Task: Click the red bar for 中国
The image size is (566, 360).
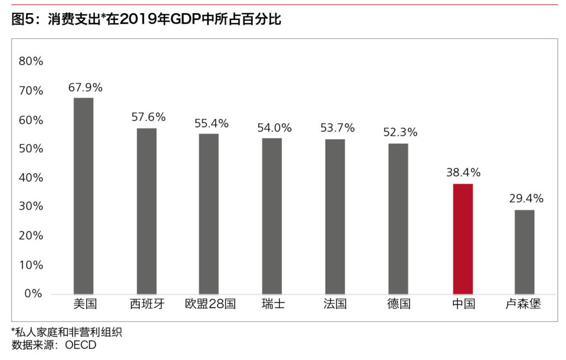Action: click(x=463, y=239)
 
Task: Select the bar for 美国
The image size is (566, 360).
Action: click(x=83, y=196)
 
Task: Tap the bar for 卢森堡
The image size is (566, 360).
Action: click(x=525, y=252)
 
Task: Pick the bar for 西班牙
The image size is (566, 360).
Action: click(x=146, y=211)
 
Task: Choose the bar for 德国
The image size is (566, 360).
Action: click(x=399, y=218)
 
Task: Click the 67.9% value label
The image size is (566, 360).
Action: click(x=85, y=87)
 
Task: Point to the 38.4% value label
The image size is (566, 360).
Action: click(x=463, y=173)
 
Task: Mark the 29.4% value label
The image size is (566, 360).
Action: click(x=526, y=199)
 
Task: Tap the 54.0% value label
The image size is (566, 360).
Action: click(x=274, y=128)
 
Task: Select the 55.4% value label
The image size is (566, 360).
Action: click(x=211, y=123)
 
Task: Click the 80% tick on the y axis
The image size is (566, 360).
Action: click(x=31, y=61)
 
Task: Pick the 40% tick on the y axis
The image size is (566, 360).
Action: click(x=31, y=178)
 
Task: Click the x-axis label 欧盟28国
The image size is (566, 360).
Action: click(x=211, y=304)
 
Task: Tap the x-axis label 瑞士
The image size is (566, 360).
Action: click(x=273, y=304)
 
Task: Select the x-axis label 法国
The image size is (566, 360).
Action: click(x=336, y=304)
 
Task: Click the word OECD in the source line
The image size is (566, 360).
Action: click(x=81, y=346)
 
